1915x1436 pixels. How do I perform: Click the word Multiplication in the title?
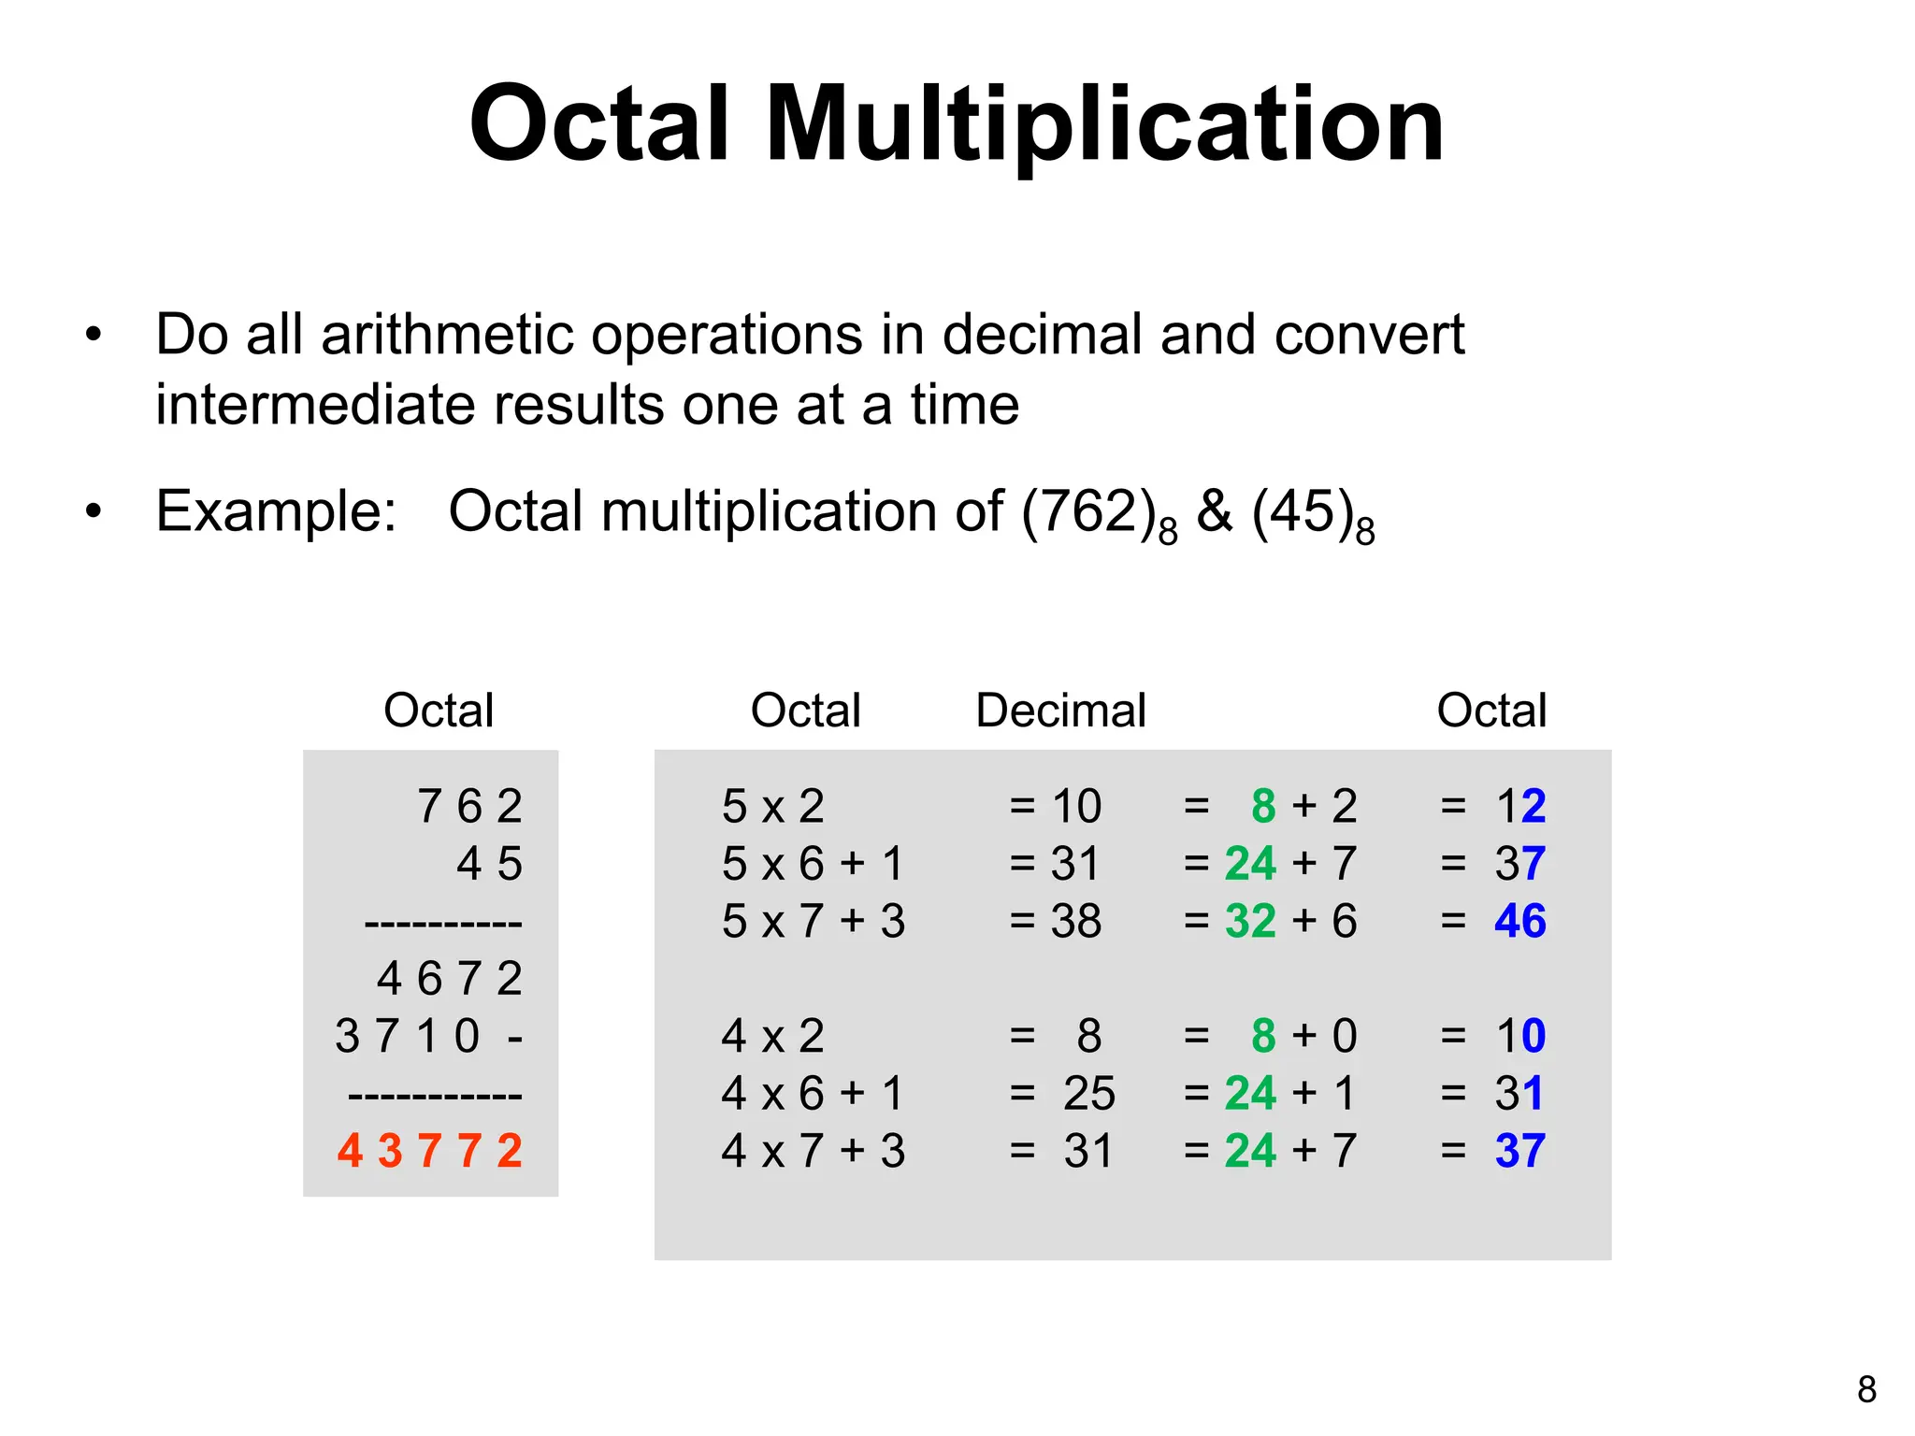pyautogui.click(x=1104, y=124)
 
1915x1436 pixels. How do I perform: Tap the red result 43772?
pyautogui.click(x=430, y=1151)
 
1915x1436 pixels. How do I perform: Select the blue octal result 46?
pyautogui.click(x=1519, y=921)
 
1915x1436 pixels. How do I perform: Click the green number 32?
pyautogui.click(x=1250, y=921)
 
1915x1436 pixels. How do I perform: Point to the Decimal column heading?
pyautogui.click(x=1060, y=711)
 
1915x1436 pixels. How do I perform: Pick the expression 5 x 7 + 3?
pyautogui.click(x=814, y=921)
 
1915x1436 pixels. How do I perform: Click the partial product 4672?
pyautogui.click(x=450, y=979)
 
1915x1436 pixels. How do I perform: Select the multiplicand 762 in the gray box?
pyautogui.click(x=469, y=806)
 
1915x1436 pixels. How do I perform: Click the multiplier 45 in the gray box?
pyautogui.click(x=489, y=864)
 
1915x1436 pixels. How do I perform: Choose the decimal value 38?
pyautogui.click(x=1075, y=921)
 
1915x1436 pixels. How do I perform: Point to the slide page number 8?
pyautogui.click(x=1866, y=1389)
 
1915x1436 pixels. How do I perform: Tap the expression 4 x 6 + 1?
pyautogui.click(x=814, y=1093)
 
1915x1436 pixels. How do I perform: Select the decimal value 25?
pyautogui.click(x=1088, y=1093)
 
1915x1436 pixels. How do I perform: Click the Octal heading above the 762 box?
pyautogui.click(x=439, y=711)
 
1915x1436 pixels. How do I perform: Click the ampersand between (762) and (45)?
pyautogui.click(x=1214, y=511)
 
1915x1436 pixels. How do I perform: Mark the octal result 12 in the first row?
pyautogui.click(x=1519, y=806)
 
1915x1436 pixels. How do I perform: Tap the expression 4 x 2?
pyautogui.click(x=773, y=1036)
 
